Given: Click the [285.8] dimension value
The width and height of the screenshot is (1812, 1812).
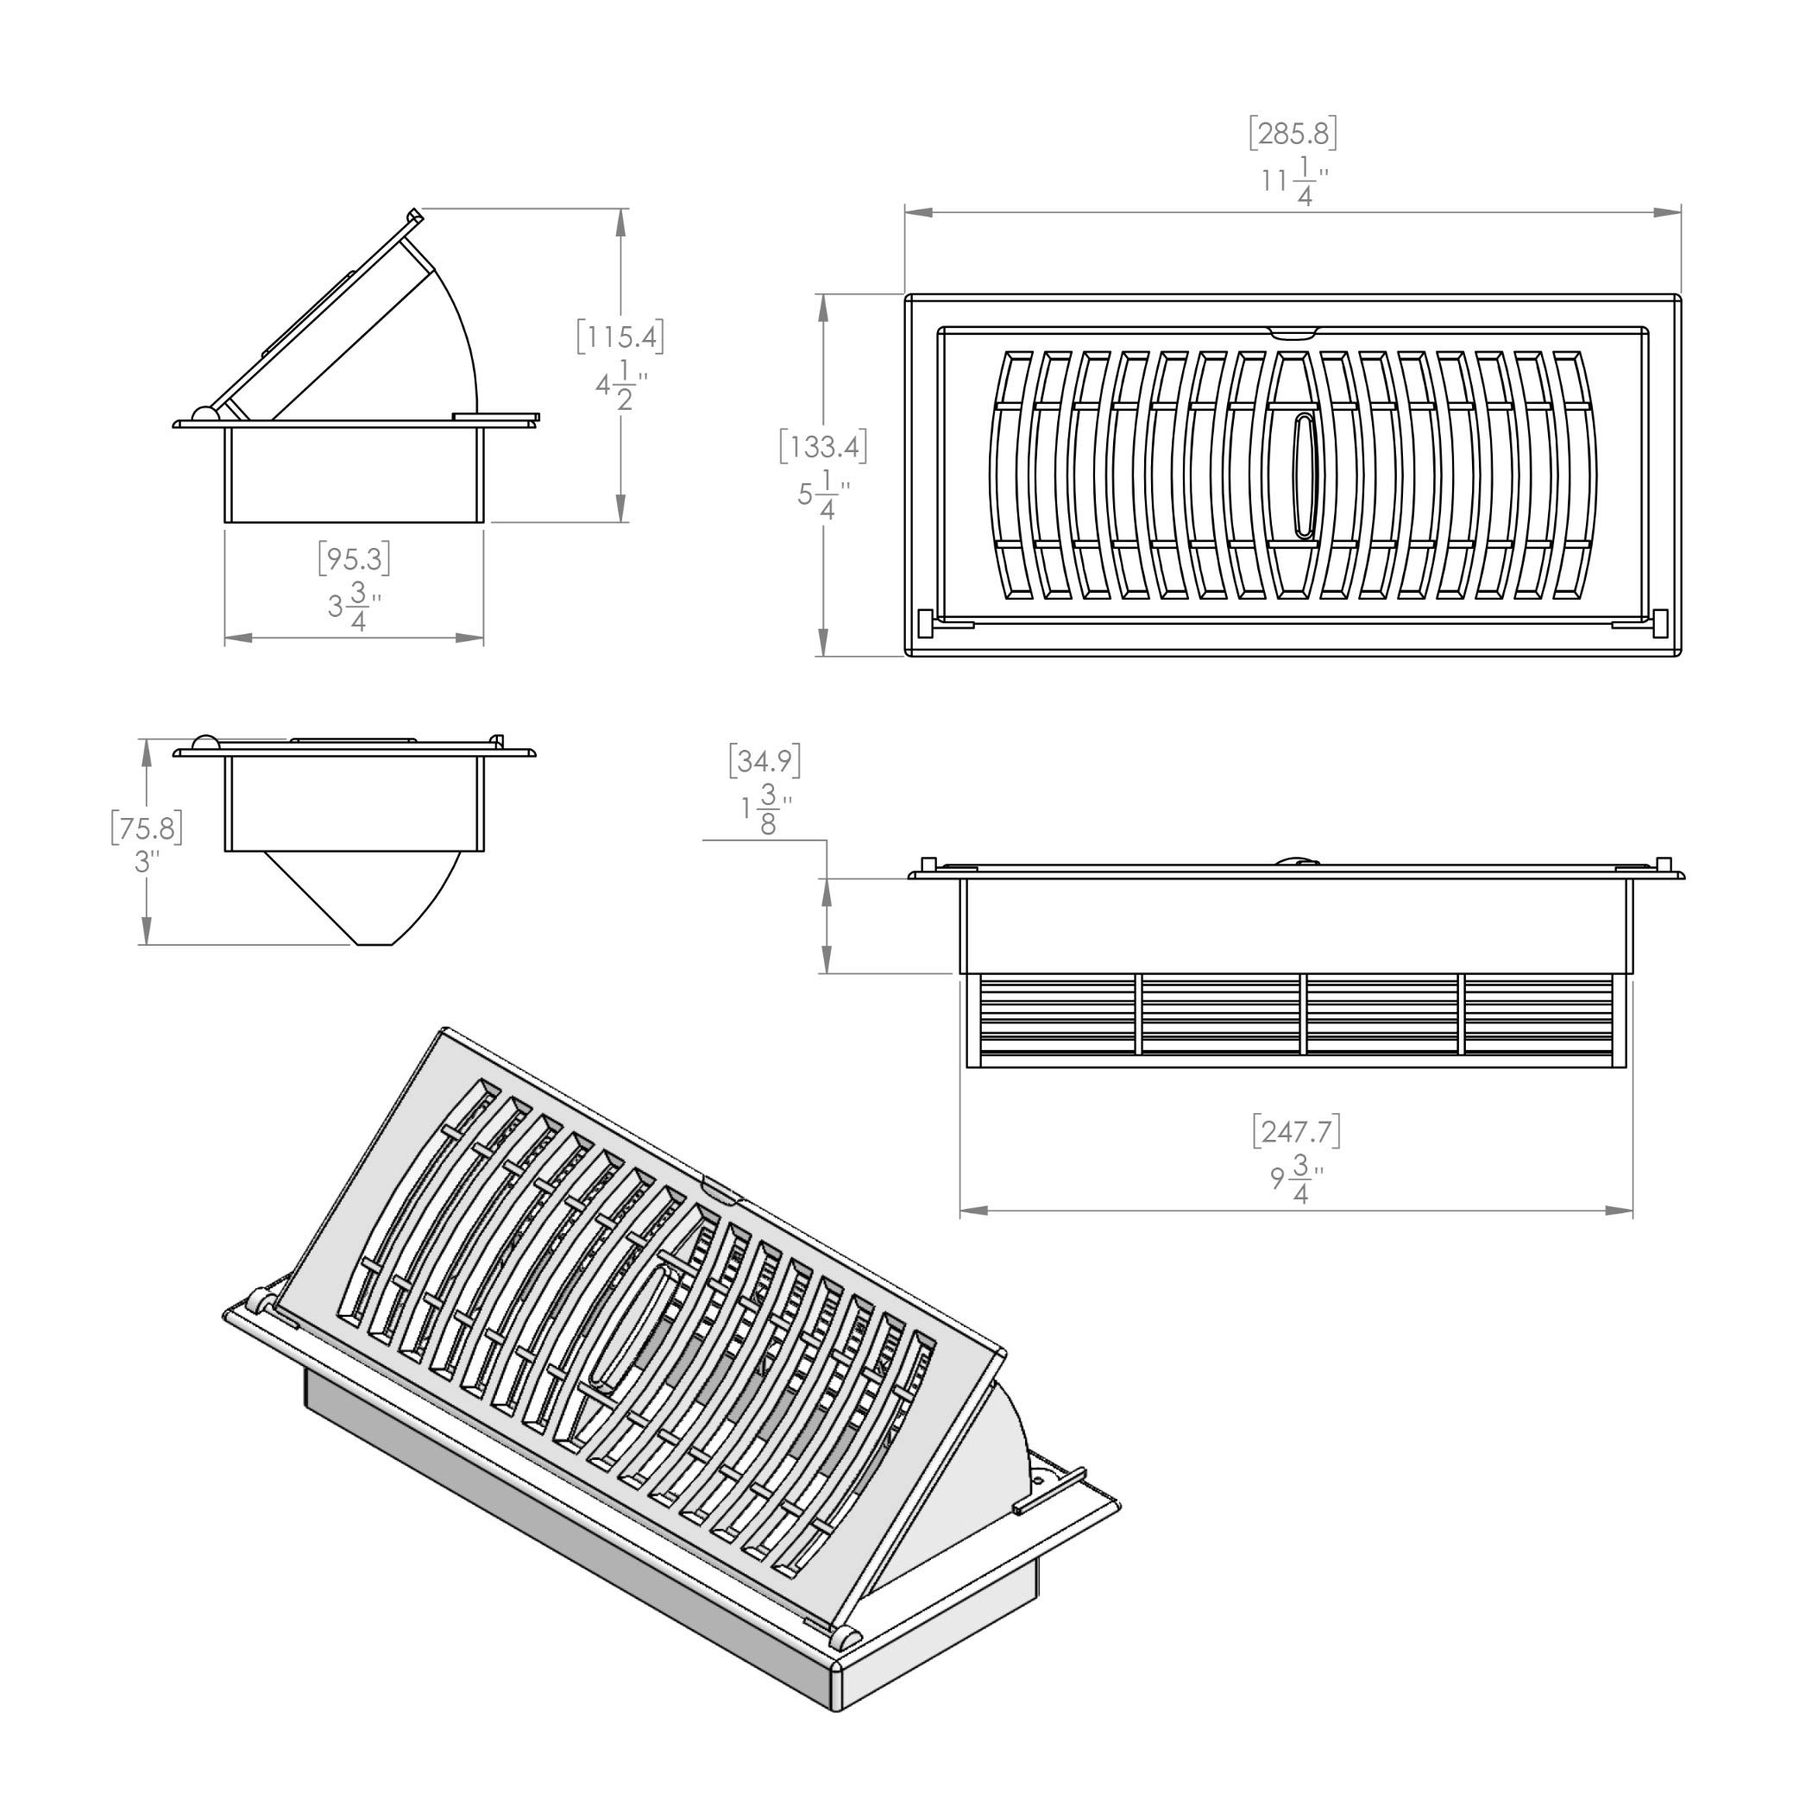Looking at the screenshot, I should pos(1293,134).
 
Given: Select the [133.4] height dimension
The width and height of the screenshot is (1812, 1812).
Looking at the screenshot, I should pos(822,446).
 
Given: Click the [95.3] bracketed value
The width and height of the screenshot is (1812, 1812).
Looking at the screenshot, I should pos(354,559).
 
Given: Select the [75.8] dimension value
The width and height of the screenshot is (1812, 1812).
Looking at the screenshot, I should pos(145,828).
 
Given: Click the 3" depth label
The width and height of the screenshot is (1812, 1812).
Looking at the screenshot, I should pos(142,861).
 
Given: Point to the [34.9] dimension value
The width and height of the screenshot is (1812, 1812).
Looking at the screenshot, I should pos(764,761).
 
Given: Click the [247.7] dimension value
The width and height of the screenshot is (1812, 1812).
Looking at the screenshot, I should pos(1296,1132).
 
